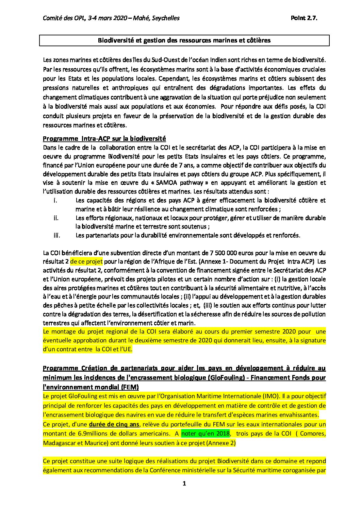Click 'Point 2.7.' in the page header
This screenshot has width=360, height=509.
point(304,18)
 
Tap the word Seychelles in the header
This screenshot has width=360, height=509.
point(166,18)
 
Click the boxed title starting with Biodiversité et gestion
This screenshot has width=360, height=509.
point(184,40)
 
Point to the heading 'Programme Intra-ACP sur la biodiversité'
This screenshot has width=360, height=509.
point(104,138)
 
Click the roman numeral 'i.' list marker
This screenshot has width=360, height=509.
point(55,200)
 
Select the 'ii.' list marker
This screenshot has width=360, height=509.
point(56,218)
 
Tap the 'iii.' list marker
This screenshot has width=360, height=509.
point(57,235)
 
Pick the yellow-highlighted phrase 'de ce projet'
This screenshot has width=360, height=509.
point(86,261)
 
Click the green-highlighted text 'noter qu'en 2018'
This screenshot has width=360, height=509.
point(206,434)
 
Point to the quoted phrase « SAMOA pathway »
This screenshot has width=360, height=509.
point(182,183)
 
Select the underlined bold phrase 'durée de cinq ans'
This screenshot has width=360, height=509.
point(114,424)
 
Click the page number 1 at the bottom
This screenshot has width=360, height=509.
point(184,483)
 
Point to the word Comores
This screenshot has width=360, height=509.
point(313,434)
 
